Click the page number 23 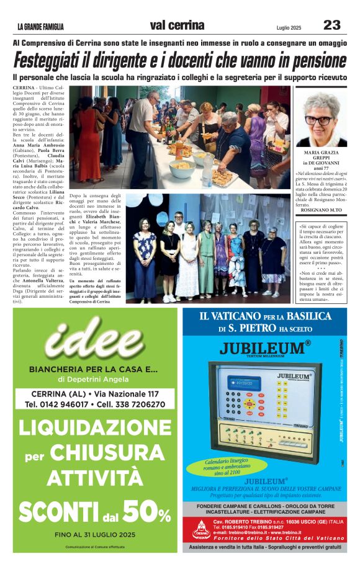331,25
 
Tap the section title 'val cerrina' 177,25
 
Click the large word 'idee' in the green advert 94,341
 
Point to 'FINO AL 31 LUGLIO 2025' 94,534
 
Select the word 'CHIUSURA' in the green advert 110,454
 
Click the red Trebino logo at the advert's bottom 200,529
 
